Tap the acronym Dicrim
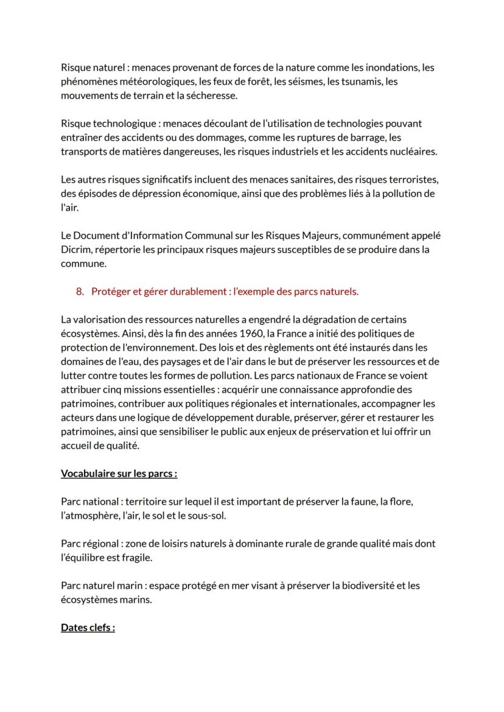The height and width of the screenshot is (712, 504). point(75,250)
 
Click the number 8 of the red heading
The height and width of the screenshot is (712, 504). point(80,292)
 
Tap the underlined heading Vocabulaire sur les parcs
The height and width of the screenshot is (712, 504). point(119,473)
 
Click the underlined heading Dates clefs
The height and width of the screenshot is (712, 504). point(88,628)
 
